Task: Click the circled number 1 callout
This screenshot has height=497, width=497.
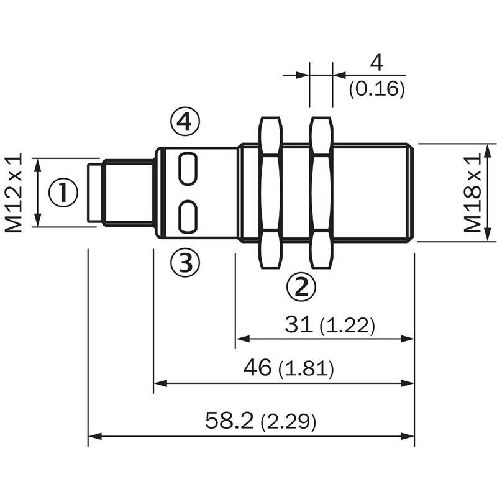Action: click(63, 193)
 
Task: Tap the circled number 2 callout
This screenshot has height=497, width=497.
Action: click(301, 286)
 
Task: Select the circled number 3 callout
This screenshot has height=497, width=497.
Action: click(185, 262)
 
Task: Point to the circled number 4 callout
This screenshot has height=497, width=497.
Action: click(185, 121)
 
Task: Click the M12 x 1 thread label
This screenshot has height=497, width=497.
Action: click(14, 193)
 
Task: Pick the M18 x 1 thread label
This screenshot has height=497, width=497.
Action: click(472, 193)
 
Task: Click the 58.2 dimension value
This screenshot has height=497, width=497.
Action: click(229, 421)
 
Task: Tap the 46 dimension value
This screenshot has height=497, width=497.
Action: click(257, 367)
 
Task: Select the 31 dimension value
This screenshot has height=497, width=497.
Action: click(299, 324)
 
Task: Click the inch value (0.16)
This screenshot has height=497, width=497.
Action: click(377, 89)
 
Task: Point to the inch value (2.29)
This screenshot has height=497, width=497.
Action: click(288, 422)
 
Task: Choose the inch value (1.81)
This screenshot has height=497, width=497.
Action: click(306, 368)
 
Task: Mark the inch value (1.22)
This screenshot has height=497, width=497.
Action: click(347, 326)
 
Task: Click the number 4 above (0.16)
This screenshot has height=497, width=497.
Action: click(376, 63)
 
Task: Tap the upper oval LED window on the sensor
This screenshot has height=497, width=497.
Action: click(188, 168)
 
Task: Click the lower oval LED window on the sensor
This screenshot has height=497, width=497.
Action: click(188, 217)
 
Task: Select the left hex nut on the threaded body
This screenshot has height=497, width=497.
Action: click(271, 193)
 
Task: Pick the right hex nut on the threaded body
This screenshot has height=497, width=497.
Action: click(321, 193)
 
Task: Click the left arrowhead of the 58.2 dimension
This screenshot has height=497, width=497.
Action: click(95, 436)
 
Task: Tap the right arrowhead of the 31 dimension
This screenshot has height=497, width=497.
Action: click(408, 339)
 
